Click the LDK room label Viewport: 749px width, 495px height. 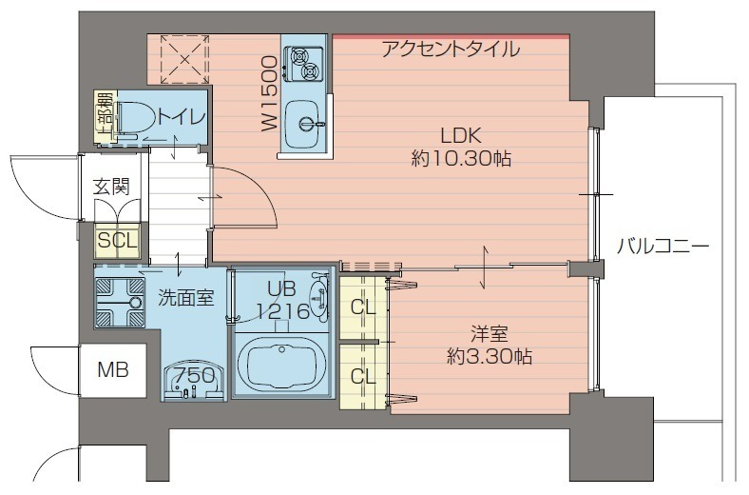(461, 135)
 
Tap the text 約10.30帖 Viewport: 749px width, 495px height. (461, 159)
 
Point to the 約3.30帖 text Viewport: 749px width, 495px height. (490, 357)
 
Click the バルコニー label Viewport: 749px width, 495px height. (663, 247)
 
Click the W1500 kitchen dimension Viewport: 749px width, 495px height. (268, 92)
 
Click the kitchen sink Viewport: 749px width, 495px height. (306, 123)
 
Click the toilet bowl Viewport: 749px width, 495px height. (139, 118)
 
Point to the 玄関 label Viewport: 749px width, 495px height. (111, 186)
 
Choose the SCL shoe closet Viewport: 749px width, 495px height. (118, 240)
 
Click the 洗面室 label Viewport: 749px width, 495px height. (185, 297)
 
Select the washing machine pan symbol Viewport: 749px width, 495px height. (119, 300)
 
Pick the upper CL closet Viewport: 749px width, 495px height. (362, 307)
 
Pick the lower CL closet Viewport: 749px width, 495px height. (362, 375)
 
